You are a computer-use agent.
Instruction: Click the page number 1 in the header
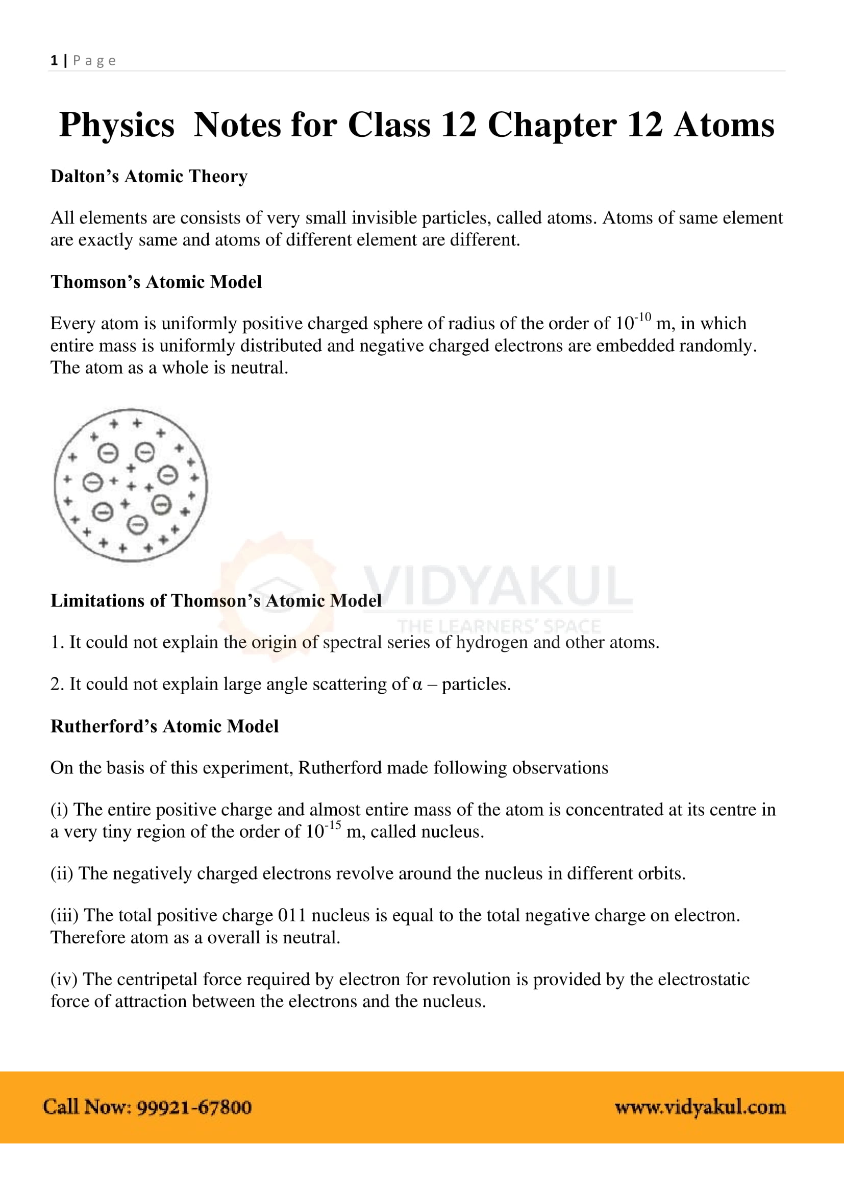[54, 60]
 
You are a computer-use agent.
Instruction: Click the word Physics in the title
[116, 126]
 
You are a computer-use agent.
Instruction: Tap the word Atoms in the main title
[724, 126]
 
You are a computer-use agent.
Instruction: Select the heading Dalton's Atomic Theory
[148, 176]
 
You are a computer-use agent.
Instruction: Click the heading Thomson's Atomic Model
[156, 282]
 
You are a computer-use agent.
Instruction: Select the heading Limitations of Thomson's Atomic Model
[216, 601]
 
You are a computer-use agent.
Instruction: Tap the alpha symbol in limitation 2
[417, 685]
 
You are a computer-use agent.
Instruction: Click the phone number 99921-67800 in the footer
[194, 1107]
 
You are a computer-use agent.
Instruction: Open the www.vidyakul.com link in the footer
[700, 1107]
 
